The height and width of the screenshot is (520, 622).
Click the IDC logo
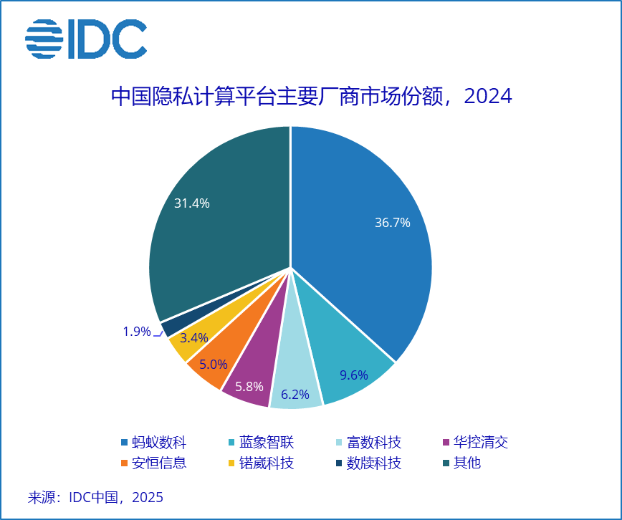point(86,39)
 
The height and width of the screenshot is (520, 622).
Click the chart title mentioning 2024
point(311,96)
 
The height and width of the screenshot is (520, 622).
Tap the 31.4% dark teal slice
point(215,215)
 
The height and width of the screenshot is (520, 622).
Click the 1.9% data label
point(136,332)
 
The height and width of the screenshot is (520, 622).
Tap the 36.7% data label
point(392,223)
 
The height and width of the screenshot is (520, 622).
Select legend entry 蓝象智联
point(260,442)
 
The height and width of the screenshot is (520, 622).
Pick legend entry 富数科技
point(368,442)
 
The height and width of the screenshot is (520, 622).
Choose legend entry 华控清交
point(475,442)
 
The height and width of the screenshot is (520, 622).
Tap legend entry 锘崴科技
point(260,463)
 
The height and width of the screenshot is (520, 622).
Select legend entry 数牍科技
point(368,463)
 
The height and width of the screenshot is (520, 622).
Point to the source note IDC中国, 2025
point(96,497)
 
